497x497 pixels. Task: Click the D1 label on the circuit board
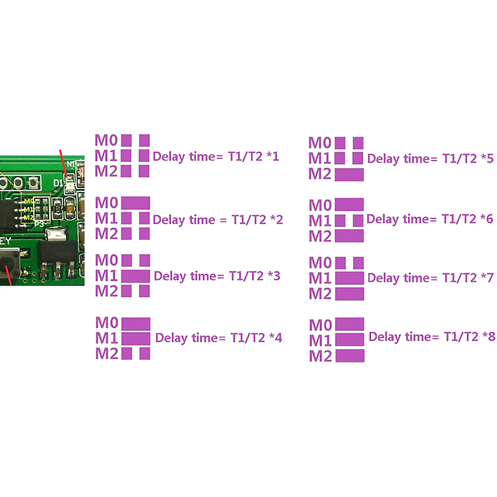tap(58, 183)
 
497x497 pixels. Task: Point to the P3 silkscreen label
tap(39, 224)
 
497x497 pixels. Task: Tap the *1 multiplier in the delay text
tap(273, 156)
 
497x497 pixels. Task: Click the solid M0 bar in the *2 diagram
tap(135, 203)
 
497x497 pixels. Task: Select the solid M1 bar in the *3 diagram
tap(135, 276)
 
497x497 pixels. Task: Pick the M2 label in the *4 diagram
tap(107, 353)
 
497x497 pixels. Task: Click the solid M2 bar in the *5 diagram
tap(349, 175)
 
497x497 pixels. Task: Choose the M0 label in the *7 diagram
tap(320, 263)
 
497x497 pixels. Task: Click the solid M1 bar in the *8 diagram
tap(350, 340)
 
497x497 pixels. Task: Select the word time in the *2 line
tap(202, 220)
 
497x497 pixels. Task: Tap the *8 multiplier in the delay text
tap(489, 336)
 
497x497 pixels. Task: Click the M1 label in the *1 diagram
tap(106, 156)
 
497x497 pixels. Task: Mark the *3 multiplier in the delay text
tap(274, 276)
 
